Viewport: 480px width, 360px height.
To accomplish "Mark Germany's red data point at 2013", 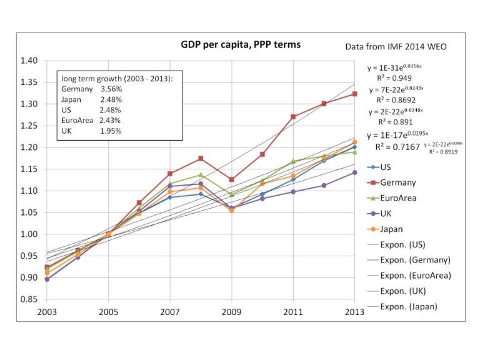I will (x=354, y=94).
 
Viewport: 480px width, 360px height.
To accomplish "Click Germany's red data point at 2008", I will (x=201, y=158).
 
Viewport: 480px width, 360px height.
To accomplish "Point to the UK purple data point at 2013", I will (x=354, y=172).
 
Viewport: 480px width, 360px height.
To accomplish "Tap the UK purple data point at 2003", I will (x=47, y=279).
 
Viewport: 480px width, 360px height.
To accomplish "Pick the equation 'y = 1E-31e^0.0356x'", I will (x=396, y=68).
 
